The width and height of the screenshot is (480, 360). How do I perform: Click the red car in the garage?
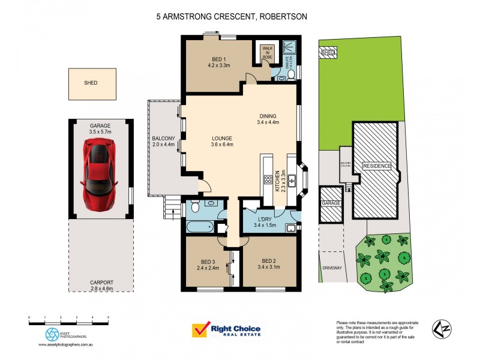pos(100,174)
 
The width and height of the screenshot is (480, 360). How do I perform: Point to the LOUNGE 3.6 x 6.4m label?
pos(222,140)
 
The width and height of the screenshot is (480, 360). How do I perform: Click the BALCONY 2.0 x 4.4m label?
pos(163,142)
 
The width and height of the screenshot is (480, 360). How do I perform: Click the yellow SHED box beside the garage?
pos(91,83)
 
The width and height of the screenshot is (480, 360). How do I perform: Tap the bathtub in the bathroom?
pos(198,227)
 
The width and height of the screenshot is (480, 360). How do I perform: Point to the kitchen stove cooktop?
pos(267,180)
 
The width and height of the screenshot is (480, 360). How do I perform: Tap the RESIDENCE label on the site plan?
pos(376,166)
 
